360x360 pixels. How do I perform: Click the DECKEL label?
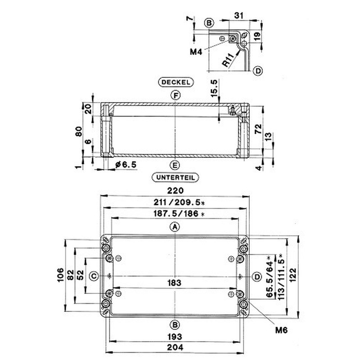176,82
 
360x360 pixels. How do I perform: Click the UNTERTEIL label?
175,177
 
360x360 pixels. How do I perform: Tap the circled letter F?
175,95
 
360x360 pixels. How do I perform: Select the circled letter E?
175,165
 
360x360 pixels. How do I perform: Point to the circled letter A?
175,227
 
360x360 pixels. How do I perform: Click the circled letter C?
94,276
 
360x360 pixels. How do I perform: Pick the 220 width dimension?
175,190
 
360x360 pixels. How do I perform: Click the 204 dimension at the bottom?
175,347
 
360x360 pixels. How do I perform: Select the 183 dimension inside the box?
174,283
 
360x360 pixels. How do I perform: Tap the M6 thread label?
281,330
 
